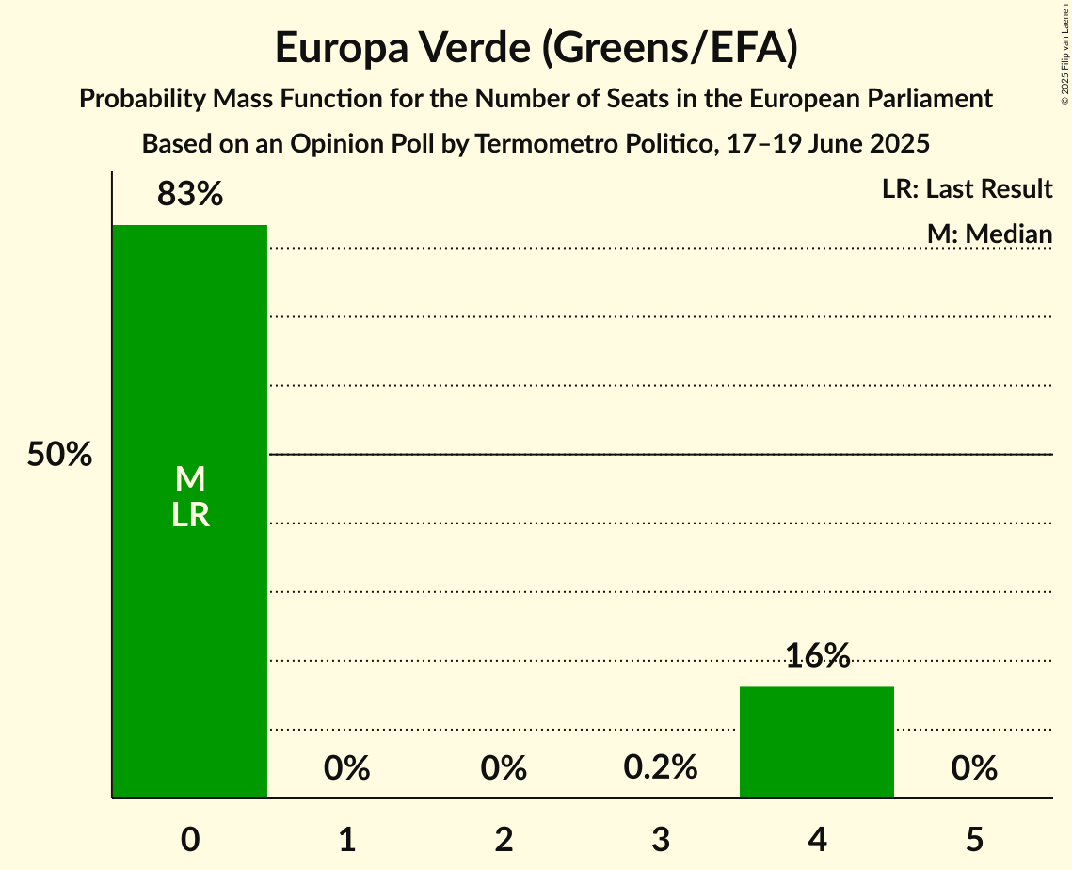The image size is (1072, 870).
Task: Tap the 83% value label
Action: point(189,194)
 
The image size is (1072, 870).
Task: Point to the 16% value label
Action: point(817,655)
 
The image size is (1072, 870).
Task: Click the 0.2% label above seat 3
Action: point(661,768)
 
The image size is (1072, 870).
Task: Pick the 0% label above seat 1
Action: point(346,769)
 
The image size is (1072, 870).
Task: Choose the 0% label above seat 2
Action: point(504,769)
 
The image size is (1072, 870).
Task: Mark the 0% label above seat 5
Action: point(974,769)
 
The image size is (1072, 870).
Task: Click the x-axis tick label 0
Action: point(190,839)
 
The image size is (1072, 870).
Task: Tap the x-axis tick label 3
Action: point(661,839)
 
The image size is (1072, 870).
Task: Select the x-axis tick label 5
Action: point(974,839)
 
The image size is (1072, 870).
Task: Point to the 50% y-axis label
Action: point(59,455)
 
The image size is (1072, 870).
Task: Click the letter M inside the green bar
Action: point(190,479)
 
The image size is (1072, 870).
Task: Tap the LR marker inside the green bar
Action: point(190,515)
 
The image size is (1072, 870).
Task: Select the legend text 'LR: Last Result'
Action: point(967,189)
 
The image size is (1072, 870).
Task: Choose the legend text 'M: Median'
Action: point(989,234)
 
